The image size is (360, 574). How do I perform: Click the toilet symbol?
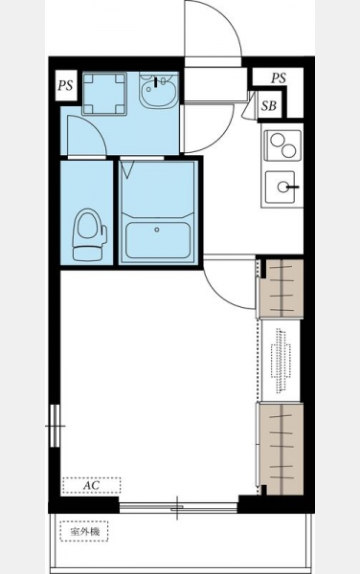point(89,234)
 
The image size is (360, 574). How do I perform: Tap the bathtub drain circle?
point(157,230)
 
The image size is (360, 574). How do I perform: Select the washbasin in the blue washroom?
point(158,91)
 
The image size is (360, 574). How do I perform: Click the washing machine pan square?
point(104,94)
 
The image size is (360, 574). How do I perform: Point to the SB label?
point(269,106)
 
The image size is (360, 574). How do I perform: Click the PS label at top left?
point(65,86)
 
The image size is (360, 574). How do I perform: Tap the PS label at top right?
point(279,78)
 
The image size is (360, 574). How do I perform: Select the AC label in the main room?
point(91,485)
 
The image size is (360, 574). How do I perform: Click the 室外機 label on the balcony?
point(84,531)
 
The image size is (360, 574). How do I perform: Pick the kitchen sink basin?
point(281,187)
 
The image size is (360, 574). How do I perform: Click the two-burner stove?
point(282,145)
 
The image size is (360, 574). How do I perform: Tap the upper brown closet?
point(281,288)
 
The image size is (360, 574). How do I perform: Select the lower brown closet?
point(281,449)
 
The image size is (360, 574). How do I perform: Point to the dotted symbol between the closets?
point(281,361)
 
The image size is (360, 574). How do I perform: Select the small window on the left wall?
point(55,426)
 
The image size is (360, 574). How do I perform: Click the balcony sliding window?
point(178,508)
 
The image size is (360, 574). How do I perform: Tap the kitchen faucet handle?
point(293,188)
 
